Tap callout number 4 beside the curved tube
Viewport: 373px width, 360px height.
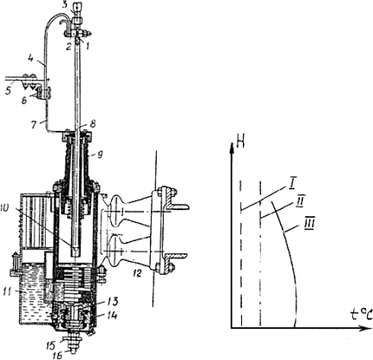(31, 59)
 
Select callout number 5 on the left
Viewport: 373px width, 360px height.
(8, 91)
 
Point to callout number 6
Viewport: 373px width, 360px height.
(24, 101)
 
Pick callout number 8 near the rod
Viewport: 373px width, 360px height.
(92, 124)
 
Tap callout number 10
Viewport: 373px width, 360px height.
(9, 208)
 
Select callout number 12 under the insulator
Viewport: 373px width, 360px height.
(137, 274)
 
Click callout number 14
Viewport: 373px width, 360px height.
(113, 316)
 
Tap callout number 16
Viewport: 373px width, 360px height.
(58, 356)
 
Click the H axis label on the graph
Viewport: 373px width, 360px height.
(240, 142)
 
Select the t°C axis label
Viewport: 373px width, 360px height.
(361, 315)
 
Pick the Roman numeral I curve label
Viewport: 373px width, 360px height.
(292, 183)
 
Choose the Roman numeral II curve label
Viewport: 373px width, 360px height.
(302, 199)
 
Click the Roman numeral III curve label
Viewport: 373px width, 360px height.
(308, 224)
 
